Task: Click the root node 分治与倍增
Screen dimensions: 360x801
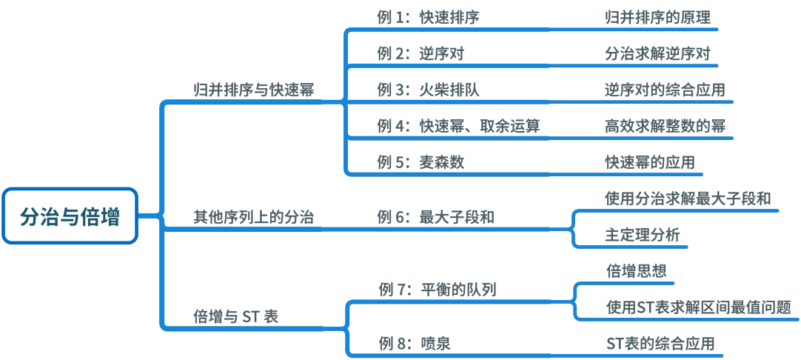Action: (70, 216)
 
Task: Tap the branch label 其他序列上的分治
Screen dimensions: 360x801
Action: (253, 217)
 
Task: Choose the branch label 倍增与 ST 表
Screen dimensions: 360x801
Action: (235, 316)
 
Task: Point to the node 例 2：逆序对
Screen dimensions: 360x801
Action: (420, 54)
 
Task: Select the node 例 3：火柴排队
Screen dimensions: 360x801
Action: (428, 90)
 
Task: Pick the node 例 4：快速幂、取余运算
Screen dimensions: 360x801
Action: (458, 126)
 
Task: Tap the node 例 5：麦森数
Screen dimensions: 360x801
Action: (420, 162)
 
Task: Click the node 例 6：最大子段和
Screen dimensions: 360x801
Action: (435, 217)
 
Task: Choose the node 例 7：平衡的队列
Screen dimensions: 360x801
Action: (437, 289)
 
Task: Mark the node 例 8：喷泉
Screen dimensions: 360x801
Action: (415, 343)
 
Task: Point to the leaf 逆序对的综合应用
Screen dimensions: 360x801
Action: (665, 90)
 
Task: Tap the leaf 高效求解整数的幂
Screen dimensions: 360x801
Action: (665, 126)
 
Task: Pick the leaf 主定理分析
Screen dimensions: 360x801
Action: (642, 235)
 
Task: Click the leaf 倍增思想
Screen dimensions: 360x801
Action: (636, 271)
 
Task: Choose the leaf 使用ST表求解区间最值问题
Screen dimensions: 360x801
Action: (698, 307)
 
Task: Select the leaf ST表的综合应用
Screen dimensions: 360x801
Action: (660, 343)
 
